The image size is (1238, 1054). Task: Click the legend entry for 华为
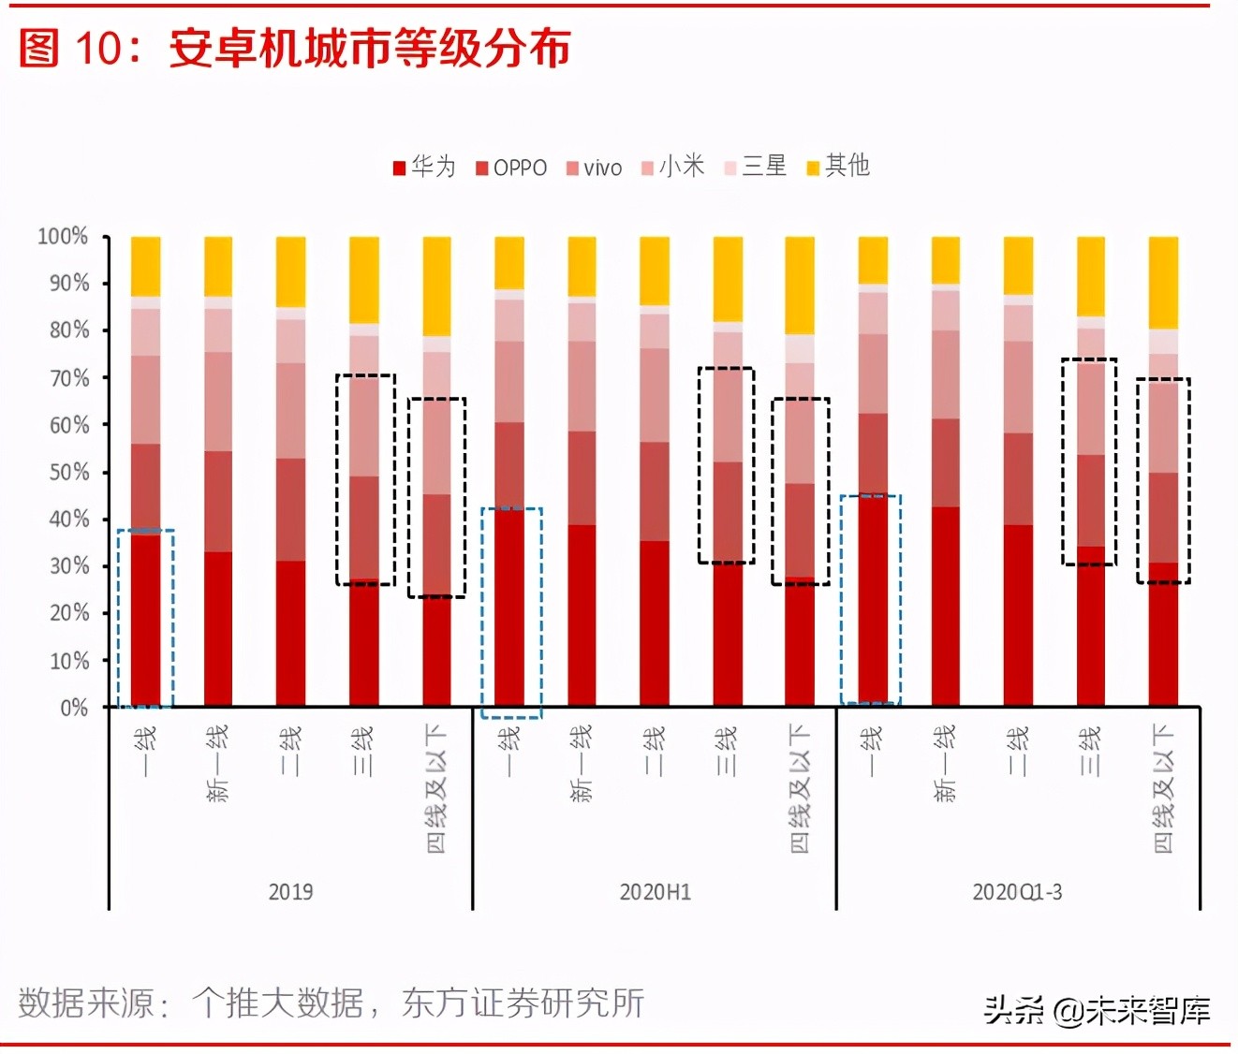pyautogui.click(x=425, y=167)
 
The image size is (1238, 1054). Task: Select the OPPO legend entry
pyautogui.click(x=511, y=168)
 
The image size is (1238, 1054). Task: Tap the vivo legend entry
pyautogui.click(x=595, y=168)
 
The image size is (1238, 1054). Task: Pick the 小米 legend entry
pyautogui.click(x=673, y=167)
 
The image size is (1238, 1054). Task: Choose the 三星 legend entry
pyautogui.click(x=756, y=167)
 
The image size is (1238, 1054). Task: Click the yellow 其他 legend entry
pyautogui.click(x=839, y=167)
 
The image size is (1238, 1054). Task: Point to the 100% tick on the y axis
pyautogui.click(x=63, y=236)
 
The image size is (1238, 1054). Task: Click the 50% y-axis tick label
pyautogui.click(x=68, y=472)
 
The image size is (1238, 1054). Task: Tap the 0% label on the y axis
pyautogui.click(x=74, y=708)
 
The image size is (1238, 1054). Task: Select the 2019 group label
pyautogui.click(x=290, y=892)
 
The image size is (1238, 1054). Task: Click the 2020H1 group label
pyautogui.click(x=655, y=892)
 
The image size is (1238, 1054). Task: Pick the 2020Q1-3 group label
pyautogui.click(x=1017, y=892)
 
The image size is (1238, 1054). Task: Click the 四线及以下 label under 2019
pyautogui.click(x=436, y=788)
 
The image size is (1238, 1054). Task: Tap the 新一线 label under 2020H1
pyautogui.click(x=582, y=763)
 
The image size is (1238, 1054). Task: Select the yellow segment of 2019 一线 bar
pyautogui.click(x=145, y=266)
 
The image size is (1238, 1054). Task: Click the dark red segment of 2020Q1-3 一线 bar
pyautogui.click(x=873, y=599)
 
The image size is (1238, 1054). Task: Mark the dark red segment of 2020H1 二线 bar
pyautogui.click(x=655, y=623)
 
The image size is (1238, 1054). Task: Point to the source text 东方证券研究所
pyautogui.click(x=523, y=1003)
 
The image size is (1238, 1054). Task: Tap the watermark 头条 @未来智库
pyautogui.click(x=1096, y=1010)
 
